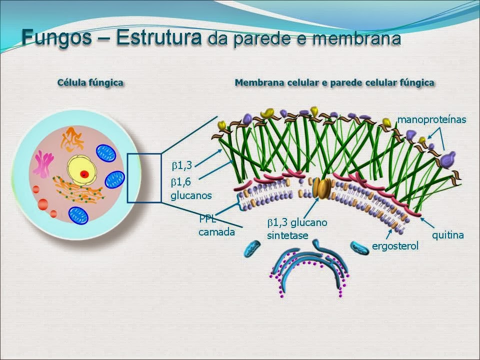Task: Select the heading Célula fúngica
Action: coord(90,82)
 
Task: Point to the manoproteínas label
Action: coord(431,119)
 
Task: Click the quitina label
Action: coord(448,234)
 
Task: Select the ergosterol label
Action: coord(395,246)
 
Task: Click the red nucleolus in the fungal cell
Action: coord(85,174)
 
